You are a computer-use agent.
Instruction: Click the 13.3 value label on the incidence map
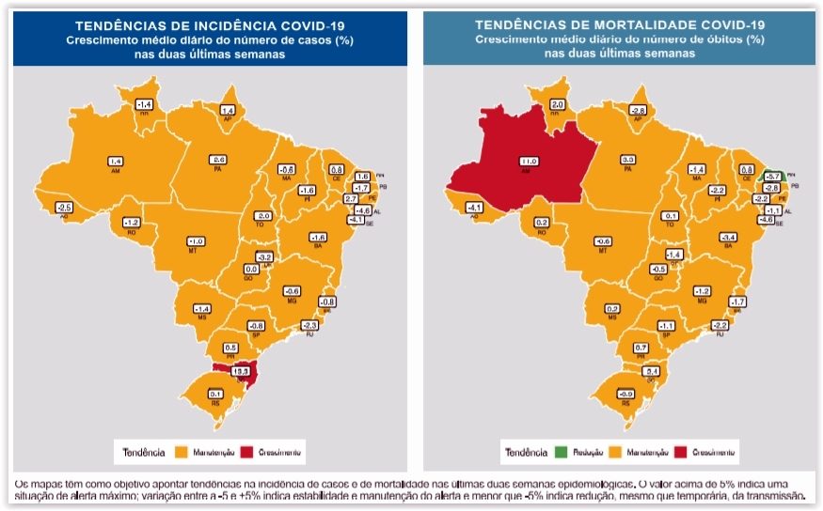pos(241,371)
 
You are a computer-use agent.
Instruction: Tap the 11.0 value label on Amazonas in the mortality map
pos(529,162)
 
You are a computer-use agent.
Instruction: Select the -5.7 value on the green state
pos(772,176)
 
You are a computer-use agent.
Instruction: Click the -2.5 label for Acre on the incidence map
pos(64,207)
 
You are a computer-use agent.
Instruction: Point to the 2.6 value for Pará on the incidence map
pos(219,160)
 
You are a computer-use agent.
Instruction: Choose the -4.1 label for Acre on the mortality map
pos(474,208)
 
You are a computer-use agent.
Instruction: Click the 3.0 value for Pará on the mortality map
pos(628,160)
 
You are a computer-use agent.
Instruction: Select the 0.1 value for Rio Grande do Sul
pos(215,395)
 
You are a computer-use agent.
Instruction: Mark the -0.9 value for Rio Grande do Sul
pos(625,395)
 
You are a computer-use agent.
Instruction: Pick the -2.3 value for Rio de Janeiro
pos(310,325)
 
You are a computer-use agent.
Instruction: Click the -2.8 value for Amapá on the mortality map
pos(638,110)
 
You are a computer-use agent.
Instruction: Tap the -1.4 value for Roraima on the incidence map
pos(144,103)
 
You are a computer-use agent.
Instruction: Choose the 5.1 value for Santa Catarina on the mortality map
pos(651,372)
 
